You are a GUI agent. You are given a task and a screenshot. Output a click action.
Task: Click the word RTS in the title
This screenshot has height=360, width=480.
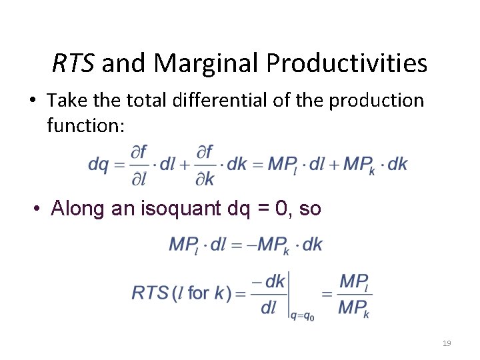pos(74,63)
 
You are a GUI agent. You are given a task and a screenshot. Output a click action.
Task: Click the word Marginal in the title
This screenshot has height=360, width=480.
pos(207,63)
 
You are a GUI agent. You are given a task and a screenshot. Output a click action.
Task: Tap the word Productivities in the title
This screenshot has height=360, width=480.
pos(347,63)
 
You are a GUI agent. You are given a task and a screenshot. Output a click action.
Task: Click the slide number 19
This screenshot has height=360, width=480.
pos(447,343)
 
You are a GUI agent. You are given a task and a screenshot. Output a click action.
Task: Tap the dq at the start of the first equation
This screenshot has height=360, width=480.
pos(98,164)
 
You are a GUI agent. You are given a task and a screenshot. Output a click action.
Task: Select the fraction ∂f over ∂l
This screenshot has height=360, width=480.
pos(139,165)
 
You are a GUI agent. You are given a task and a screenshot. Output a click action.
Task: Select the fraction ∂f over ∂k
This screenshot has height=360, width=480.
pos(205,165)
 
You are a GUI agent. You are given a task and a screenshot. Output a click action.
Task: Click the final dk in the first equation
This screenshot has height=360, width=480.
pos(397,164)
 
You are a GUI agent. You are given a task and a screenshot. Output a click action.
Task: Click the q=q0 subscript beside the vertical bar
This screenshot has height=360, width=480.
pos(302,316)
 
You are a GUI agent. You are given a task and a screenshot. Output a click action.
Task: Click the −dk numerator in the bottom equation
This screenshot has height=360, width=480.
pos(270,281)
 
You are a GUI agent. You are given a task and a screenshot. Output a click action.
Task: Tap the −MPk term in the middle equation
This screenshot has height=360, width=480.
pos(271,245)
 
